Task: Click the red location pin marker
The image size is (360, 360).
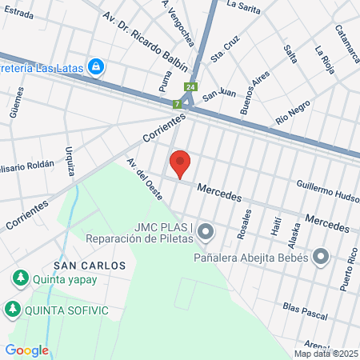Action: pyautogui.click(x=180, y=164)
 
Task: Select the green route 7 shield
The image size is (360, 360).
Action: pyautogui.click(x=177, y=104)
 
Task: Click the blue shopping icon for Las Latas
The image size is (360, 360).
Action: pyautogui.click(x=97, y=66)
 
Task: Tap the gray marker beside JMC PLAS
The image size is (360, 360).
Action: pyautogui.click(x=206, y=232)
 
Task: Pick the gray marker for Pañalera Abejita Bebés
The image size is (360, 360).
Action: pyautogui.click(x=322, y=257)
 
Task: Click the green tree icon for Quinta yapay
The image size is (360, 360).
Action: pyautogui.click(x=19, y=278)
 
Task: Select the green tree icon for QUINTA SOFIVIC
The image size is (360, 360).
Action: pyautogui.click(x=13, y=308)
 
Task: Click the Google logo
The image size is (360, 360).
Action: pyautogui.click(x=26, y=350)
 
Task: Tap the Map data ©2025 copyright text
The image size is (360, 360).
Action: pyautogui.click(x=326, y=354)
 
